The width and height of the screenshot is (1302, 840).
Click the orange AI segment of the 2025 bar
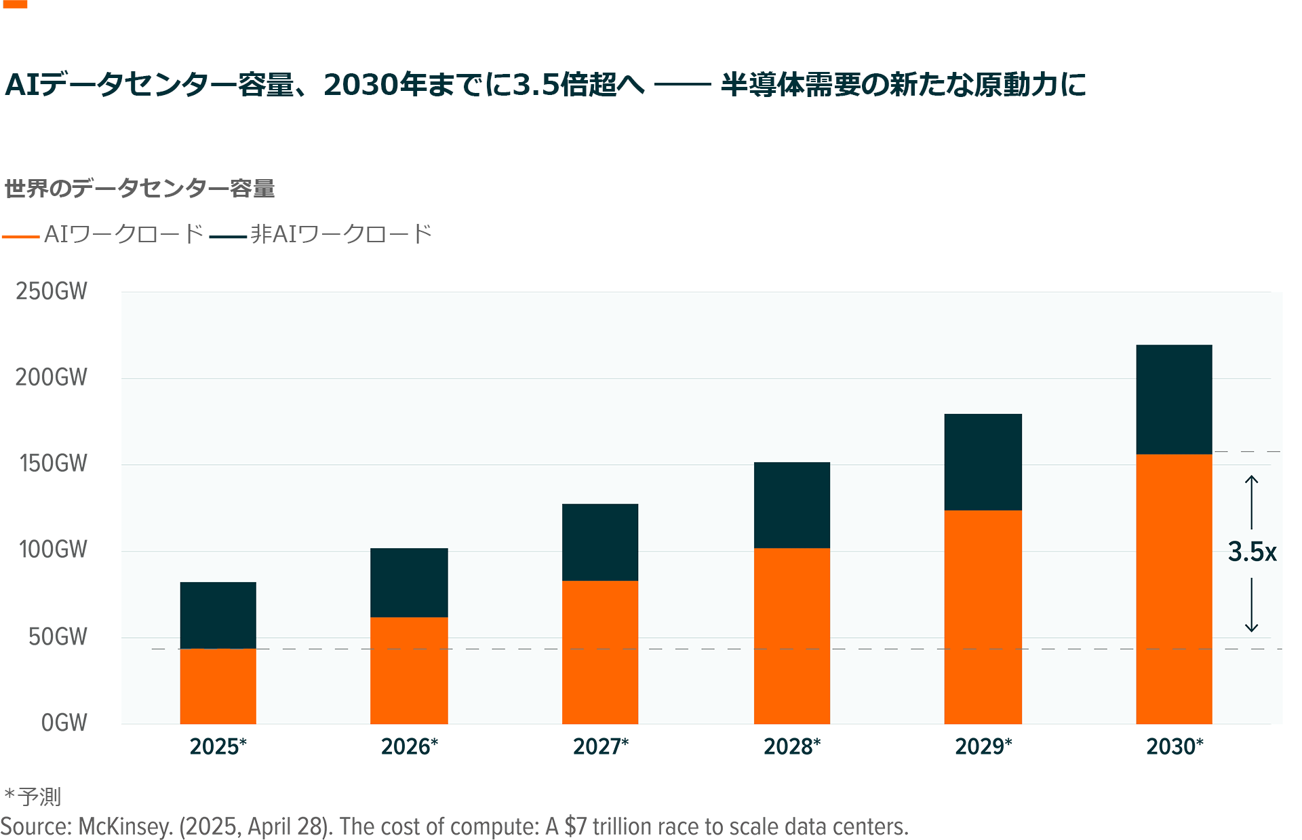point(218,685)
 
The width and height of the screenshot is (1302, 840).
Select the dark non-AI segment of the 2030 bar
point(1174,399)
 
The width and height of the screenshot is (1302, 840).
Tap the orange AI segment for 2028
point(791,635)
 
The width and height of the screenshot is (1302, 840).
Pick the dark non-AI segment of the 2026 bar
point(409,582)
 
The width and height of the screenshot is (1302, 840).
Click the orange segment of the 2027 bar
point(600,651)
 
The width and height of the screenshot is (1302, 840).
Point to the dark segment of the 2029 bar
point(983,461)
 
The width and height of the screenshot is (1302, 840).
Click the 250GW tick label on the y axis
point(52,291)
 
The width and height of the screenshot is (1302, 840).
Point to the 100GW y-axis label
point(53,549)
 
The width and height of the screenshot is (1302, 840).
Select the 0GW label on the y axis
point(64,723)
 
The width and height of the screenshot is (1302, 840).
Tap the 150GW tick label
point(53,463)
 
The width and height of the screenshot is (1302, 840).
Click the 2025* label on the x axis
point(218,746)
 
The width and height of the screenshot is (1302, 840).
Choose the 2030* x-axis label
point(1175,746)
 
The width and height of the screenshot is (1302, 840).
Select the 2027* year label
point(601,746)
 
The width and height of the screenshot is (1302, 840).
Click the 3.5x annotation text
point(1252,552)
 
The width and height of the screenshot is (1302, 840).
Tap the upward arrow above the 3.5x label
point(1252,502)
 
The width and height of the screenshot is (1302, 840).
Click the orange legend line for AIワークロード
point(21,236)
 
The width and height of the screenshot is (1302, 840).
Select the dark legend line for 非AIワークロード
point(228,236)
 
